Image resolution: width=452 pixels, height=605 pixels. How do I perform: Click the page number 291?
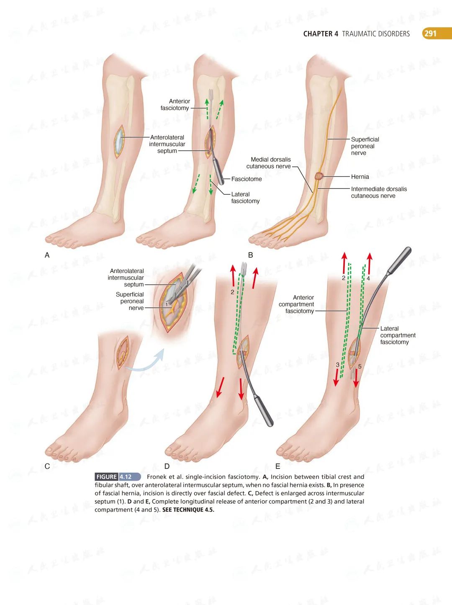[430, 33]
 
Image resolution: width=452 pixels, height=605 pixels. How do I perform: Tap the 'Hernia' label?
[360, 177]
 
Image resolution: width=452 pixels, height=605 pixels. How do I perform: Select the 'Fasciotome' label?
[247, 179]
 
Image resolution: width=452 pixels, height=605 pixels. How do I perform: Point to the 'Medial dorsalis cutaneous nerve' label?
[269, 163]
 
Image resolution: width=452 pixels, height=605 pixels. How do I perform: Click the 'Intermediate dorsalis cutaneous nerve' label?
[378, 192]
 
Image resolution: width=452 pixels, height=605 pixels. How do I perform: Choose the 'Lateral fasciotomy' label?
[245, 198]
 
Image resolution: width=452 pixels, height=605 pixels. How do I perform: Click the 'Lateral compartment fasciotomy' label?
[398, 335]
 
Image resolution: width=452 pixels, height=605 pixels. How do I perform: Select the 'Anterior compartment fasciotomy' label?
[297, 304]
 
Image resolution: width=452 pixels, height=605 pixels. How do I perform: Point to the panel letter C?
[47, 466]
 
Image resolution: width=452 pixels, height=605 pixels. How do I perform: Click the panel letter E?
[278, 466]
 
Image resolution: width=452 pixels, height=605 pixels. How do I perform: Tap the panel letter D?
[167, 466]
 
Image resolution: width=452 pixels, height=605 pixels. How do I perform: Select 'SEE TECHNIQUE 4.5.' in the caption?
[188, 510]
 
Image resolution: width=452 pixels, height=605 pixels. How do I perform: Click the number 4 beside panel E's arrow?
[368, 278]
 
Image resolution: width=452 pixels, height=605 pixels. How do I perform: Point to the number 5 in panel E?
[360, 367]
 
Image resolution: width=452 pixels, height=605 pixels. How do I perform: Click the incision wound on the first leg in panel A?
[120, 142]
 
